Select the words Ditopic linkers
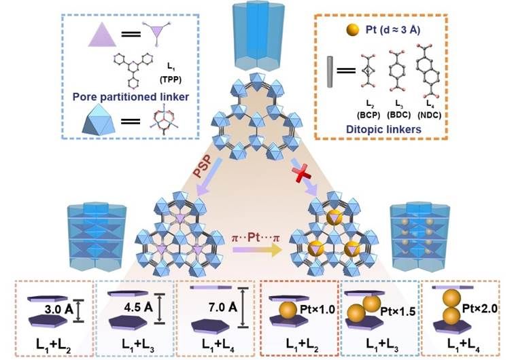click(x=392, y=130)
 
